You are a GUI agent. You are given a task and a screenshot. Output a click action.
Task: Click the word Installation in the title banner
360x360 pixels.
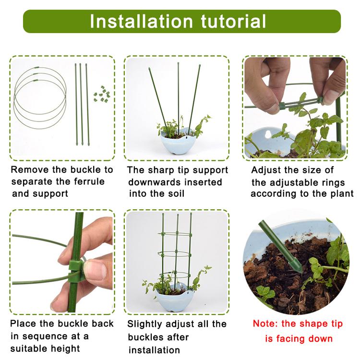click(x=141, y=21)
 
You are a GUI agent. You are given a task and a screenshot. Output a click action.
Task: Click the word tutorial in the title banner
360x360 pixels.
click(x=233, y=21)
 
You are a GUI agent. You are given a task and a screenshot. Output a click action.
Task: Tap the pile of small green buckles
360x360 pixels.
click(x=102, y=94)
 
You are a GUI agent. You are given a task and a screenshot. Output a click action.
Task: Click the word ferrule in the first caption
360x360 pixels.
click(x=89, y=181)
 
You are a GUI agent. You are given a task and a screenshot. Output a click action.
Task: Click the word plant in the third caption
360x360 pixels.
click(x=342, y=194)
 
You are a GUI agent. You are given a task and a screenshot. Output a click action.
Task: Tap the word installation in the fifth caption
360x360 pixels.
click(x=154, y=350)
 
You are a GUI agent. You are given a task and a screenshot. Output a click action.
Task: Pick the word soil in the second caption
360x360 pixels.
click(x=176, y=193)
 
